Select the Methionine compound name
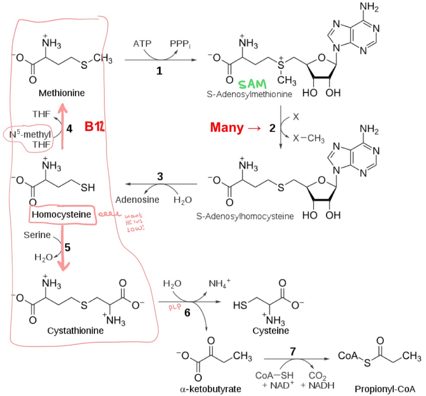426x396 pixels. coord(61,93)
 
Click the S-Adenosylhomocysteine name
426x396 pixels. coord(251,216)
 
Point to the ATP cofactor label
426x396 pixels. coord(142,44)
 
